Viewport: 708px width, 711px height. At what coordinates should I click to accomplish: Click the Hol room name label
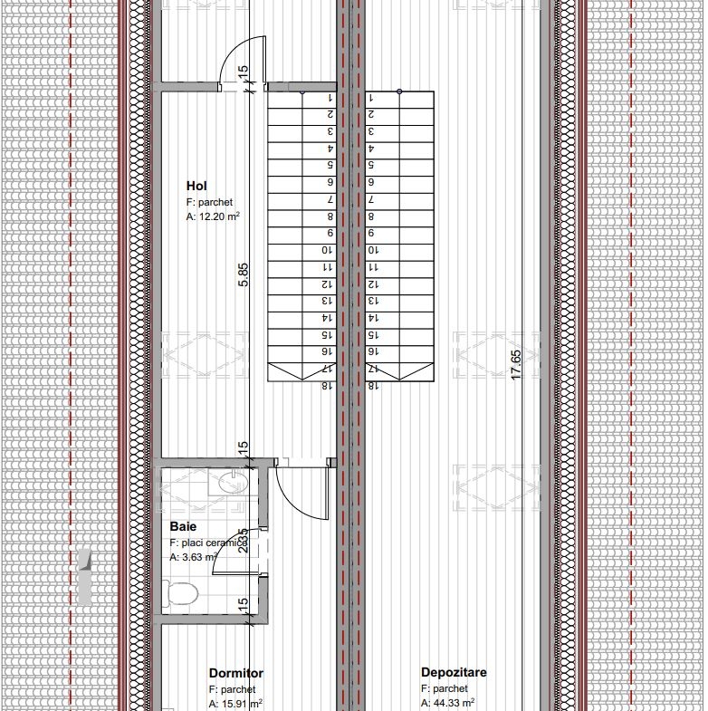tap(196, 186)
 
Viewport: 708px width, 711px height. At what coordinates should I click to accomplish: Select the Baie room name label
tap(183, 525)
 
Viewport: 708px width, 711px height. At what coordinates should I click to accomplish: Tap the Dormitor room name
tap(235, 673)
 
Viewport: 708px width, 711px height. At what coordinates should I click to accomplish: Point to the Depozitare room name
tap(454, 672)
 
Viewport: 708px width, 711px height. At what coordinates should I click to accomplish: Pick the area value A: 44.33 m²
tap(448, 703)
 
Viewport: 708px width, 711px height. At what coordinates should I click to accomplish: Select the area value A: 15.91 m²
tap(235, 703)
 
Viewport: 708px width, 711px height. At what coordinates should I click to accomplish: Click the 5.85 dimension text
tap(243, 274)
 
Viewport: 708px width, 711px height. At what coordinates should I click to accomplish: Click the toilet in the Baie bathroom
tap(182, 595)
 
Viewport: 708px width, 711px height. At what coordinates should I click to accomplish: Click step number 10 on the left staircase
tap(326, 250)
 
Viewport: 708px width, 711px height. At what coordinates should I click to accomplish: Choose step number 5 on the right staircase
tap(371, 165)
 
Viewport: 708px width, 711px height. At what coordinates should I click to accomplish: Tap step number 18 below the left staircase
tap(326, 385)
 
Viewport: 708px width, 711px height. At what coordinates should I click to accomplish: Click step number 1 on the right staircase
tap(371, 98)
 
